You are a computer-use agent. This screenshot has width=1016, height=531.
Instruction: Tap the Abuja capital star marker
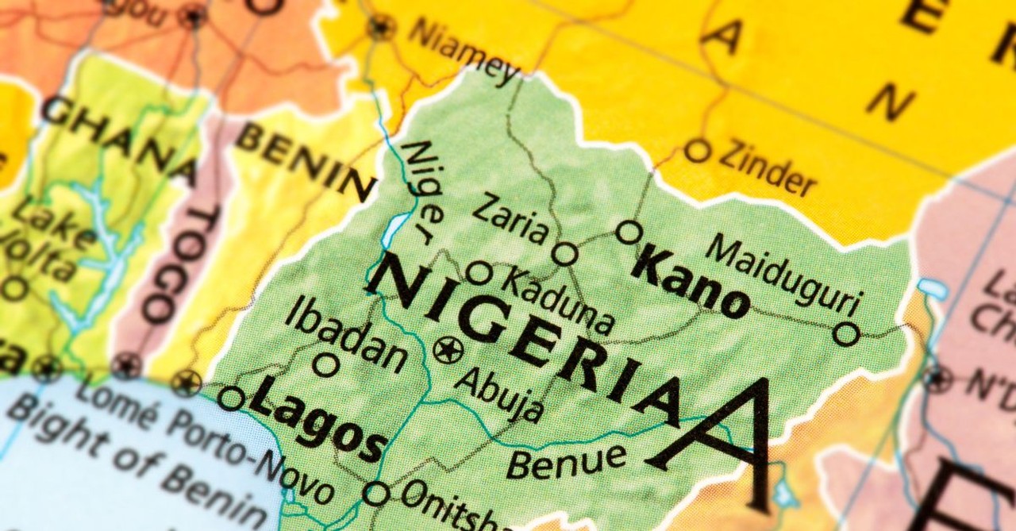(x=448, y=349)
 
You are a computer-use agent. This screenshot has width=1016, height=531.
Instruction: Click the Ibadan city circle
(x=325, y=365)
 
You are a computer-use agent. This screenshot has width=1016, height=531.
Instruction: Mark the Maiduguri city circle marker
(x=846, y=333)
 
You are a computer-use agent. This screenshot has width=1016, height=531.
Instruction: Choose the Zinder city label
(x=767, y=167)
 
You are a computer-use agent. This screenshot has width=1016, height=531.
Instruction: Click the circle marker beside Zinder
(x=697, y=150)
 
